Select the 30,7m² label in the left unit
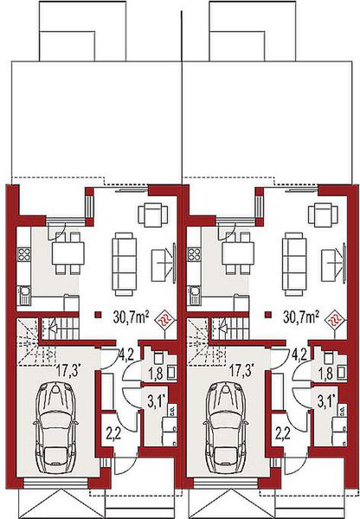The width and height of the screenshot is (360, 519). [130, 317]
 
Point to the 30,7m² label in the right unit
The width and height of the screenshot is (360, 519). [302, 317]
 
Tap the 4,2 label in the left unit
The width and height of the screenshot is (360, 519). [125, 353]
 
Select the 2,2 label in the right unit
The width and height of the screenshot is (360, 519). [282, 432]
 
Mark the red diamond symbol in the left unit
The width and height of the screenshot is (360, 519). [162, 320]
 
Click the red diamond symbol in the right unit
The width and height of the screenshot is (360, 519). [334, 320]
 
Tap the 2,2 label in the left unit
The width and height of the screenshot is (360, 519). [112, 432]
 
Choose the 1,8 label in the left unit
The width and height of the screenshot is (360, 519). [156, 374]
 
